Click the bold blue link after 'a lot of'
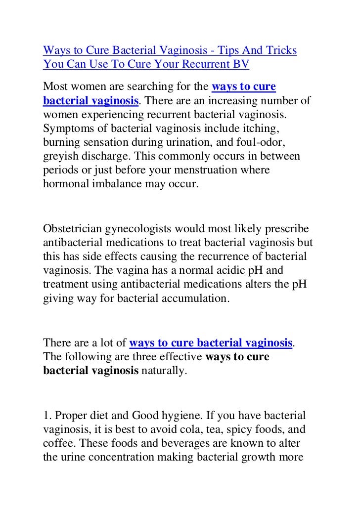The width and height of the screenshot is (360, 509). click(x=211, y=343)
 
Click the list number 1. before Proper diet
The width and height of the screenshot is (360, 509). click(x=47, y=414)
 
